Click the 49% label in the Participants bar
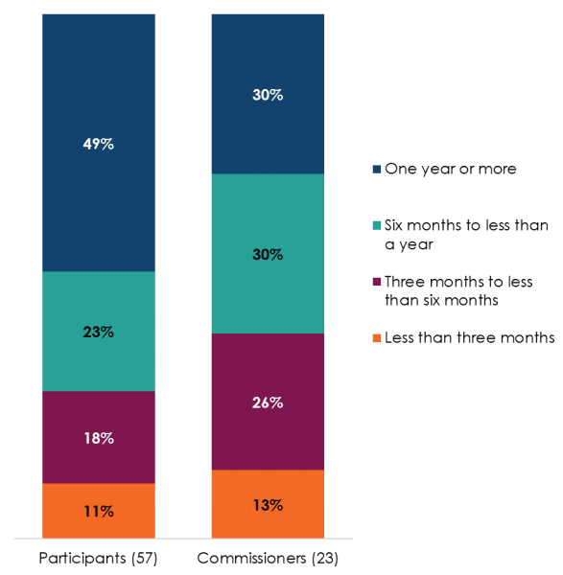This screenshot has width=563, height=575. [99, 144]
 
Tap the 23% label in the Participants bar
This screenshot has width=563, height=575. [99, 332]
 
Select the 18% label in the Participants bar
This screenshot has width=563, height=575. [99, 438]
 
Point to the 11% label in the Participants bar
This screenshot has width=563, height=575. [99, 511]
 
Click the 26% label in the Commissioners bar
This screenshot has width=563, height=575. [268, 402]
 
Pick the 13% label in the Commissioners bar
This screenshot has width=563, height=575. [268, 505]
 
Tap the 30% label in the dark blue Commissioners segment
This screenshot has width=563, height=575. [268, 95]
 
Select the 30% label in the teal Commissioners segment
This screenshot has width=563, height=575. [268, 254]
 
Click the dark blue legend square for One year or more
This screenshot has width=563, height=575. [375, 170]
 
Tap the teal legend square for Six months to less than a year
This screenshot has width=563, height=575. [375, 226]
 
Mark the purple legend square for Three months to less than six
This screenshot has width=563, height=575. [375, 282]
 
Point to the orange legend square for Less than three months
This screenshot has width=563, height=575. [375, 337]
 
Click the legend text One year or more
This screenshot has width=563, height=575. [450, 169]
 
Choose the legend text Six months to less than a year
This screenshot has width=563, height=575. [465, 234]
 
